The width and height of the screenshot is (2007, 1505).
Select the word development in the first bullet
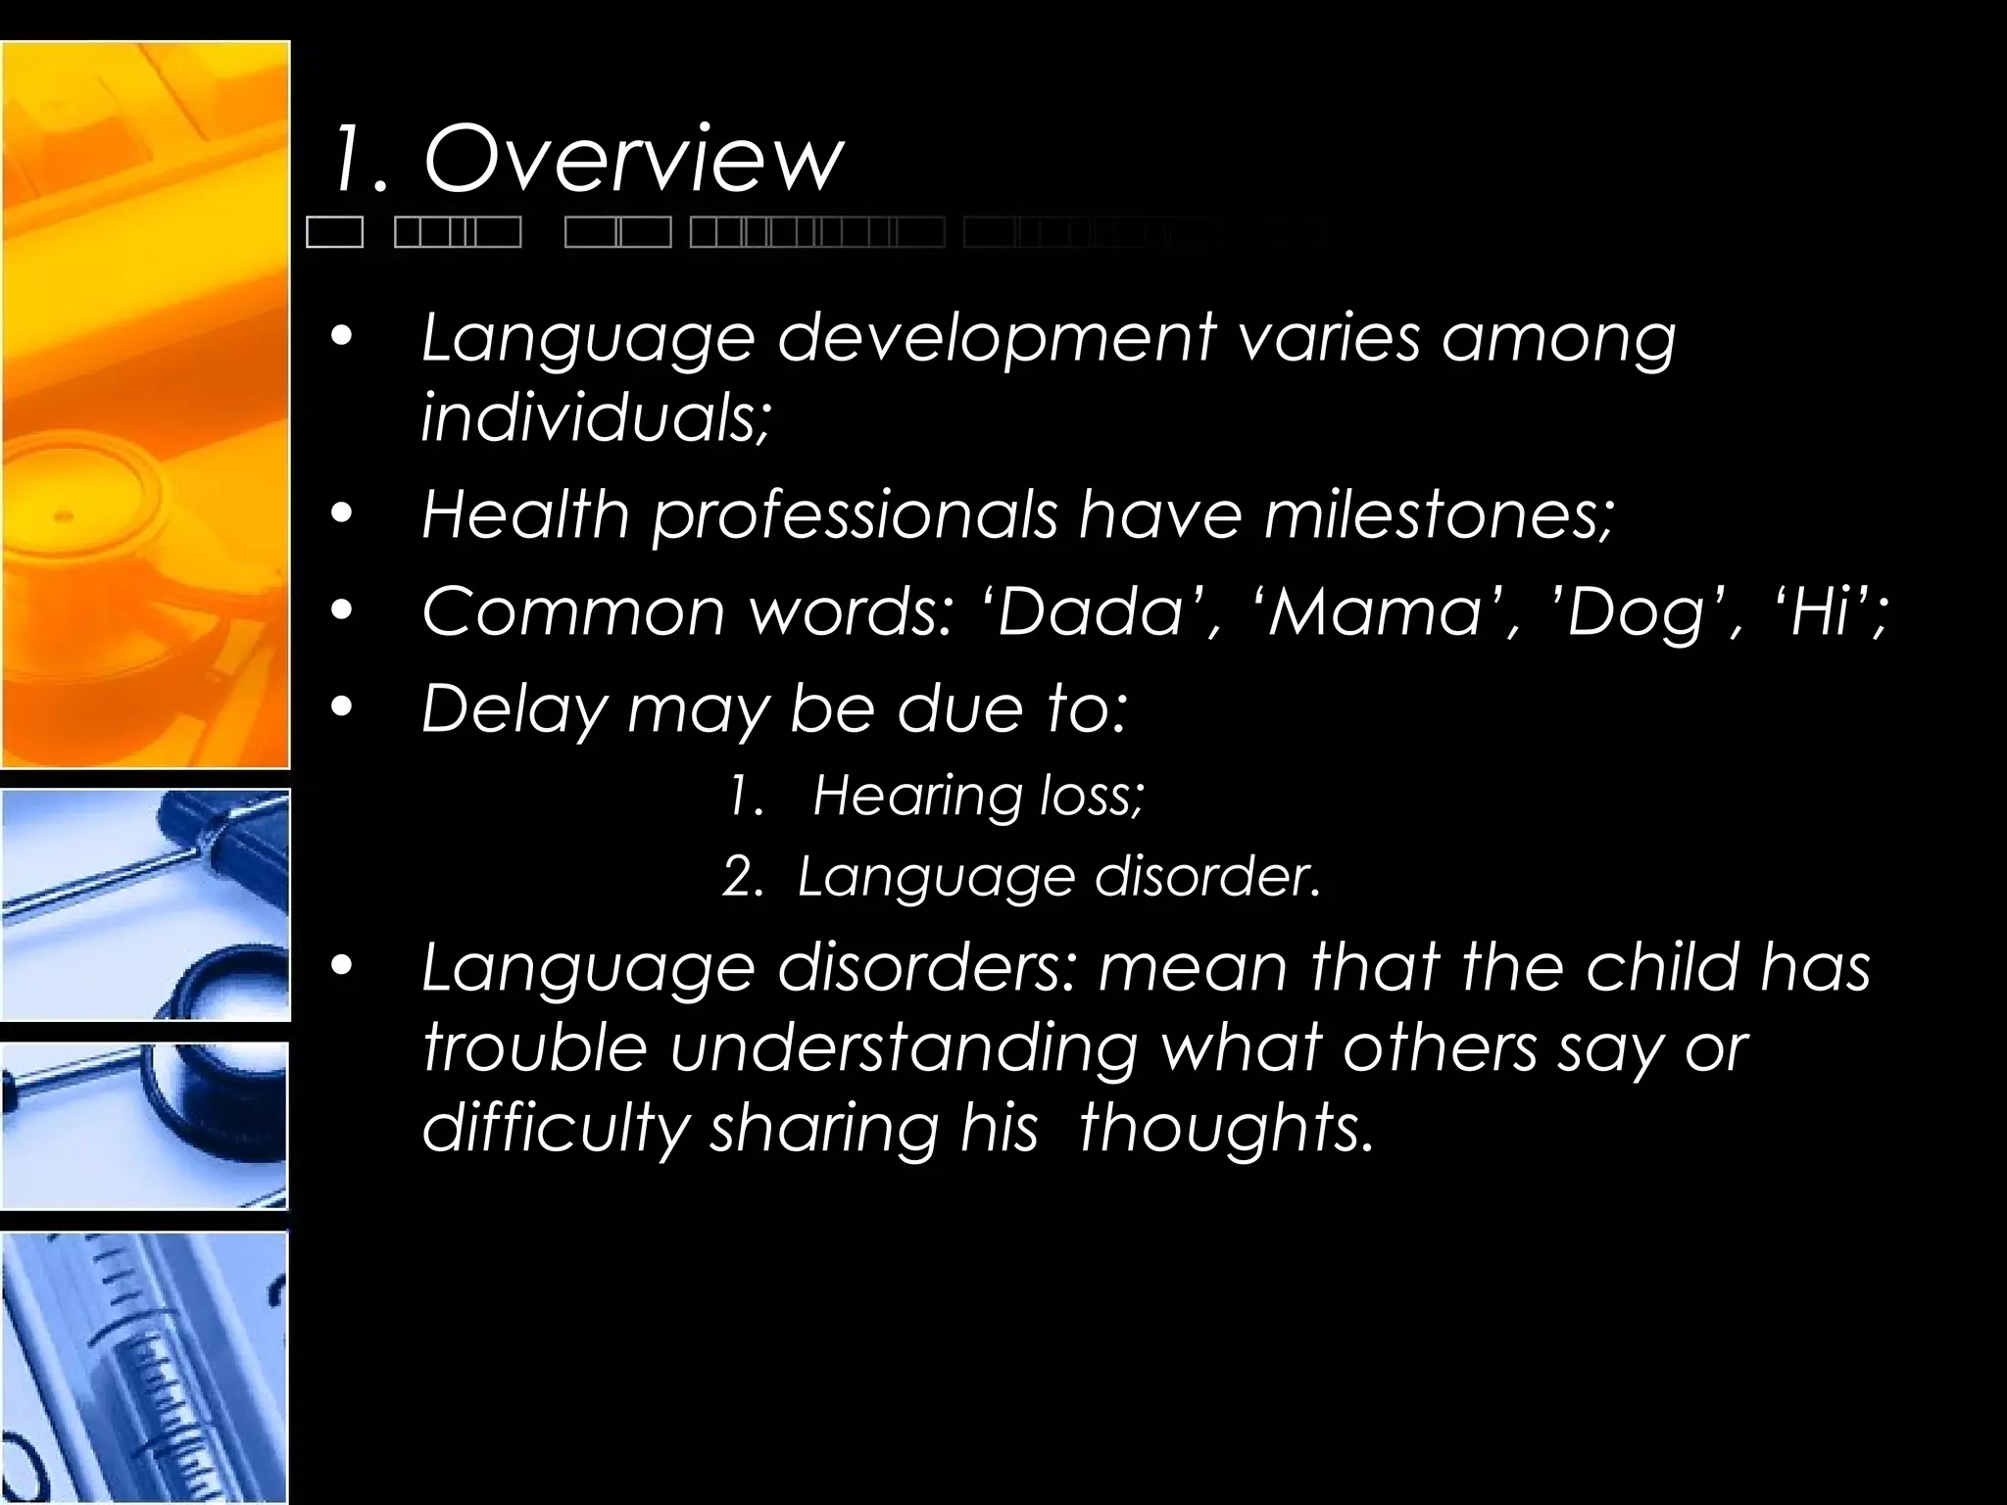[996, 338]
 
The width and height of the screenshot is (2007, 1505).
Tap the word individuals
[594, 417]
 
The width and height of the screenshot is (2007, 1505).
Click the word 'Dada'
[1094, 611]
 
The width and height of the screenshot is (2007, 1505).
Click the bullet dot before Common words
[341, 610]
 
